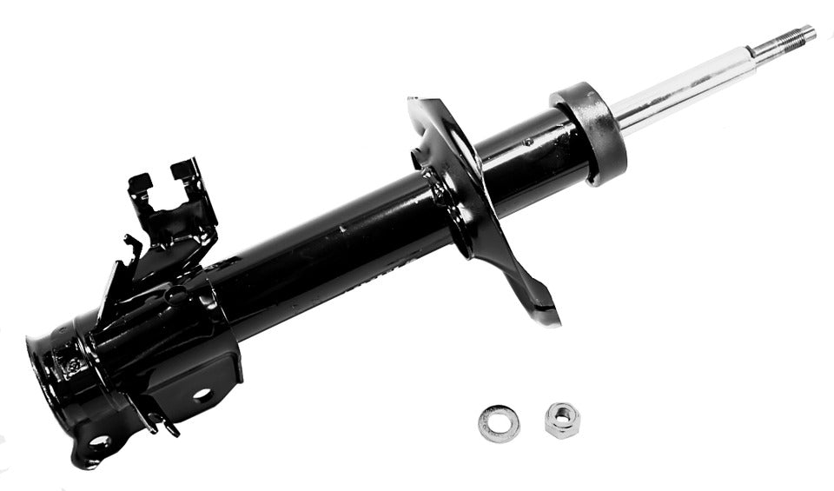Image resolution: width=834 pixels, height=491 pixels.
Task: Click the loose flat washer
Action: pyautogui.click(x=499, y=424)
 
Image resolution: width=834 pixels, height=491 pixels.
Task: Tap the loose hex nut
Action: pyautogui.click(x=563, y=420)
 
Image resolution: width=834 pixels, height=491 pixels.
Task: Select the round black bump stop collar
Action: pyautogui.click(x=590, y=132)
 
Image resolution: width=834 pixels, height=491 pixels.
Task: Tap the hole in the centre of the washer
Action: pyautogui.click(x=499, y=424)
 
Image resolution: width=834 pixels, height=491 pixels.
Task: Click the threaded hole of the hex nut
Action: pyautogui.click(x=563, y=419)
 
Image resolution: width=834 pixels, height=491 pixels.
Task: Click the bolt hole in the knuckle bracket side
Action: pyautogui.click(x=201, y=394)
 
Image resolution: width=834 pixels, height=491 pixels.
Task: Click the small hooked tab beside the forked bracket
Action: pyautogui.click(x=133, y=247)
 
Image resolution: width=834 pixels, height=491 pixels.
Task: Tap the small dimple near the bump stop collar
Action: pyautogui.click(x=528, y=141)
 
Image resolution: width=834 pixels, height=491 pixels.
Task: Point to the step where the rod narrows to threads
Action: pyautogui.click(x=752, y=53)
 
